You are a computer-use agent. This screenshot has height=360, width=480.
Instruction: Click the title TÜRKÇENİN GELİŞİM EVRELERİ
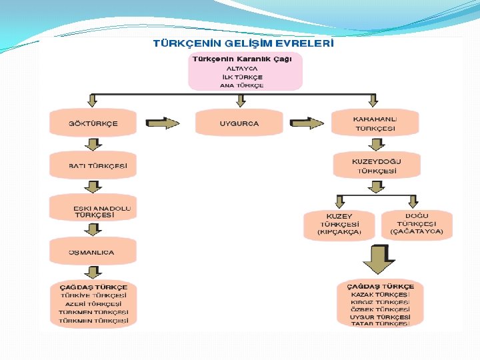tap(243, 43)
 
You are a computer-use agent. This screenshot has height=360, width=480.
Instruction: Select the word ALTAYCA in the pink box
tap(242, 68)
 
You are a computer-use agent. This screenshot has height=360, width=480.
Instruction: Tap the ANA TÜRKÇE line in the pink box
tap(242, 85)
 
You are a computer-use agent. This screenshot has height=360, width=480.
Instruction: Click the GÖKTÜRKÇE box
tap(93, 123)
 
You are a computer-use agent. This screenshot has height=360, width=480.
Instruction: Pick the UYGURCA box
tap(239, 123)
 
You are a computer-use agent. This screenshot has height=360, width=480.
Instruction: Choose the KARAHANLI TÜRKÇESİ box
tap(375, 123)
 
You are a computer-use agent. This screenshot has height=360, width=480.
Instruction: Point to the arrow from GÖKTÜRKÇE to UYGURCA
tap(161, 123)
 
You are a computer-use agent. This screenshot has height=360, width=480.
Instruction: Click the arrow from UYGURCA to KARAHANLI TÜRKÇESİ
tap(307, 123)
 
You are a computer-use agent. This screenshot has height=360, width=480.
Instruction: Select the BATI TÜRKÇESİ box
tap(93, 165)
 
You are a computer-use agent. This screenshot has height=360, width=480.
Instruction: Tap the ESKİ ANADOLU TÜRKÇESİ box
tap(93, 211)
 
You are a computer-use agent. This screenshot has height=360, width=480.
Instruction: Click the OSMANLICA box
tap(93, 253)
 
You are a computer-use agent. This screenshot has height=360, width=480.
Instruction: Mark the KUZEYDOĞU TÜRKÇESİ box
tap(377, 166)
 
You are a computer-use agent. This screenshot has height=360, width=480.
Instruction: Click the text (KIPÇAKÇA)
tap(339, 233)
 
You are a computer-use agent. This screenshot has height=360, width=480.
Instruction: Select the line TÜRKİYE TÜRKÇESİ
tap(93, 295)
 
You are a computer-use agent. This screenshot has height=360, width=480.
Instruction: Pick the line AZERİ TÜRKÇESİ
tap(93, 303)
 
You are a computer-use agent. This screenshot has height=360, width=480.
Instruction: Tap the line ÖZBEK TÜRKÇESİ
tap(380, 309)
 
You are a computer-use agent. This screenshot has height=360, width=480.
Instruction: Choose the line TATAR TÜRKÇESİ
tap(380, 324)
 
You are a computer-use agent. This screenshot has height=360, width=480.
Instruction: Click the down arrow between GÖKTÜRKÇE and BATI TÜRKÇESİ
tap(93, 145)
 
